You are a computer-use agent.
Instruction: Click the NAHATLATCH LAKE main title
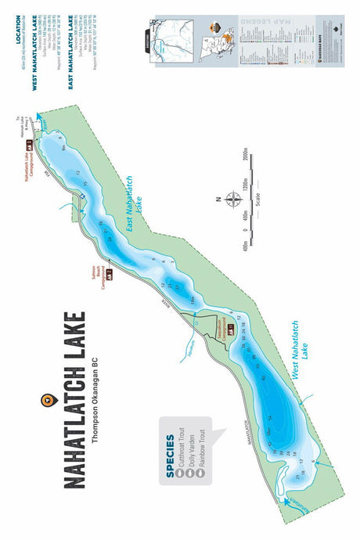(x=74, y=399)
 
